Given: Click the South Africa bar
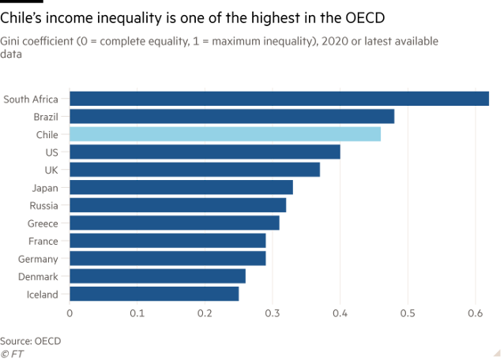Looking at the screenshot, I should (x=280, y=99).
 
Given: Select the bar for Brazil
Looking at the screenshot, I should (x=232, y=116).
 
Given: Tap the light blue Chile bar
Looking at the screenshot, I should (x=225, y=134).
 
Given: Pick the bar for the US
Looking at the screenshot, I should (x=205, y=152).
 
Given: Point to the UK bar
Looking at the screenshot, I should (x=195, y=170).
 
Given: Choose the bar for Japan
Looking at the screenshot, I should (x=181, y=188).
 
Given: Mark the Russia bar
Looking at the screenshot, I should (x=178, y=205).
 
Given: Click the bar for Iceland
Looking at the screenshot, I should (x=154, y=294).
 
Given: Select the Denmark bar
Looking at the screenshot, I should (x=157, y=276).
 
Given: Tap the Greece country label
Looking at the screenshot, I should (x=43, y=223).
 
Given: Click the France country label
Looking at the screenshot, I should (x=43, y=241).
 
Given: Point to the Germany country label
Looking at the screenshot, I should (x=38, y=259).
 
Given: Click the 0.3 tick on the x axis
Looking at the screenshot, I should (x=273, y=314).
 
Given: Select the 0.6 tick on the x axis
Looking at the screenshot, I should (x=475, y=314).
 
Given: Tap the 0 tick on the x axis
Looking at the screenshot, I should (x=70, y=314).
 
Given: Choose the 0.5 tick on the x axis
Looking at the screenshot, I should (x=408, y=314).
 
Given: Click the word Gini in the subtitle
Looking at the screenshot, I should (x=9, y=42).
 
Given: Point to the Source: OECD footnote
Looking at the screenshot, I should (x=31, y=340).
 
